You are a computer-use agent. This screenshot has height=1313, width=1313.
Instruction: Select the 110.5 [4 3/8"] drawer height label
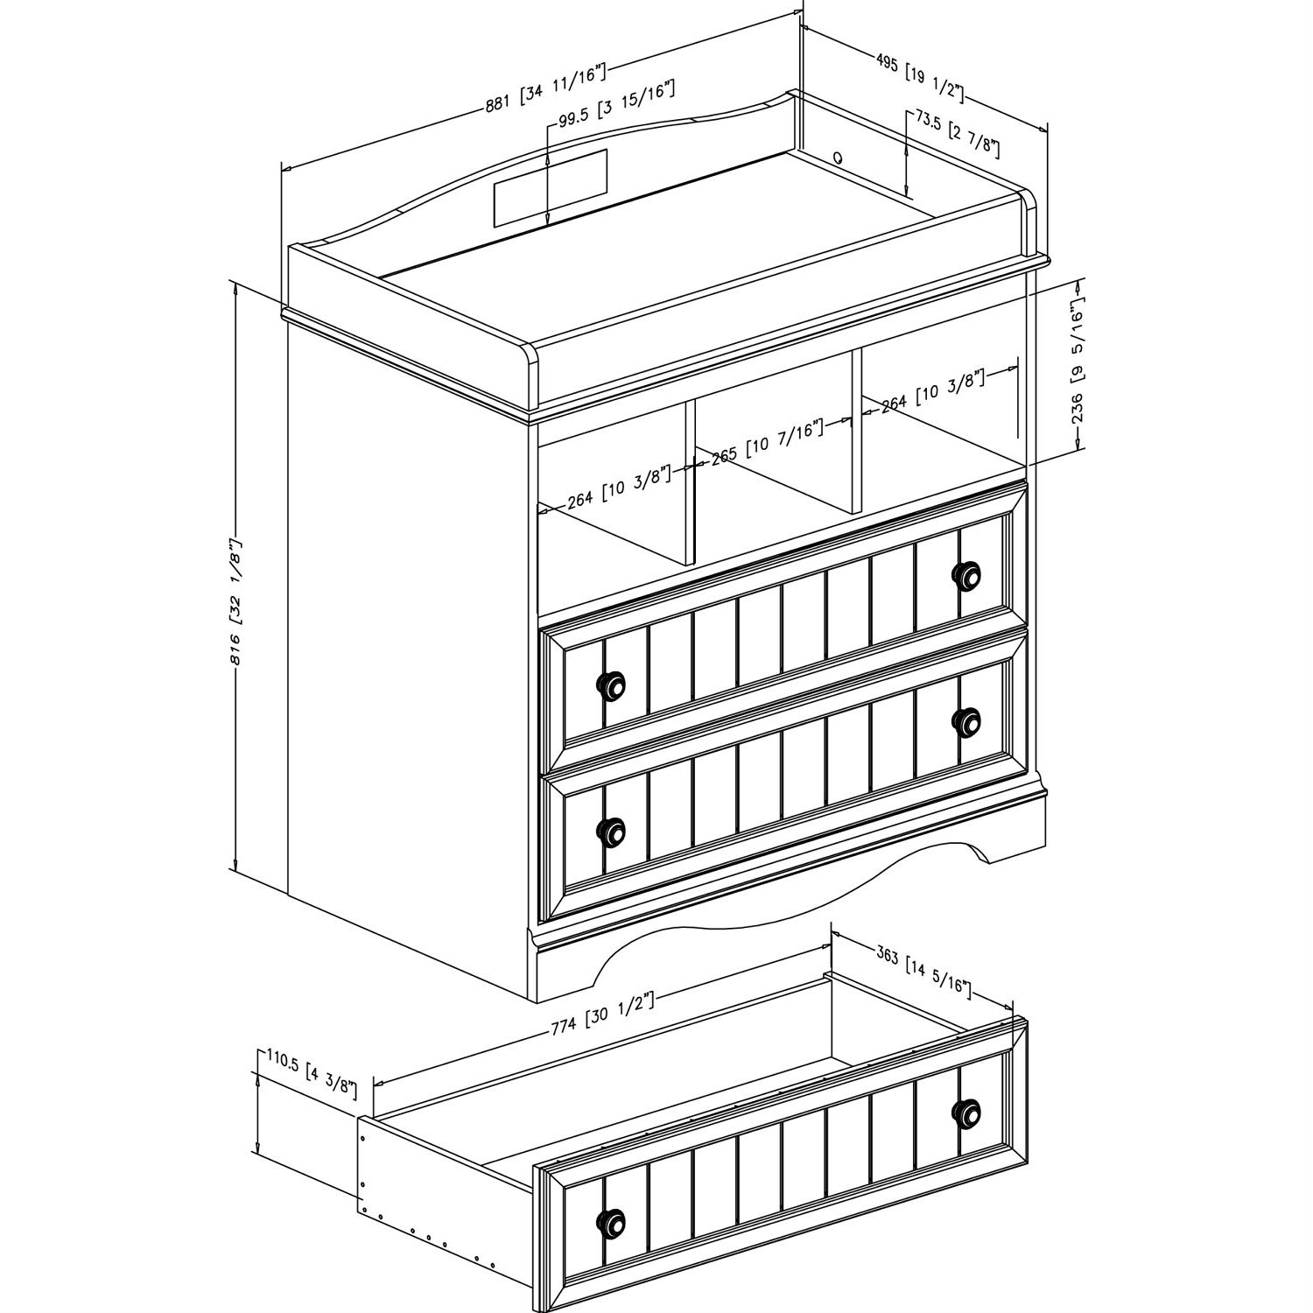(313, 1074)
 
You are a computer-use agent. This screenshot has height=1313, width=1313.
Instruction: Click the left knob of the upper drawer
(611, 685)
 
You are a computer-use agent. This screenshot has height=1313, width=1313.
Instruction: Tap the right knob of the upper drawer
(965, 575)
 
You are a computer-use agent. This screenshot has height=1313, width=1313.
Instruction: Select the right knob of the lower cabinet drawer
(965, 720)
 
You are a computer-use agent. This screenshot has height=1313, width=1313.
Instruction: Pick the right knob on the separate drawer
(965, 1111)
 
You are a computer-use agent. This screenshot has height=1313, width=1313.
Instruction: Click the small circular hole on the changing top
(838, 158)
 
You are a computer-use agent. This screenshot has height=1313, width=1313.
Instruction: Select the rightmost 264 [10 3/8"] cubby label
(933, 391)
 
